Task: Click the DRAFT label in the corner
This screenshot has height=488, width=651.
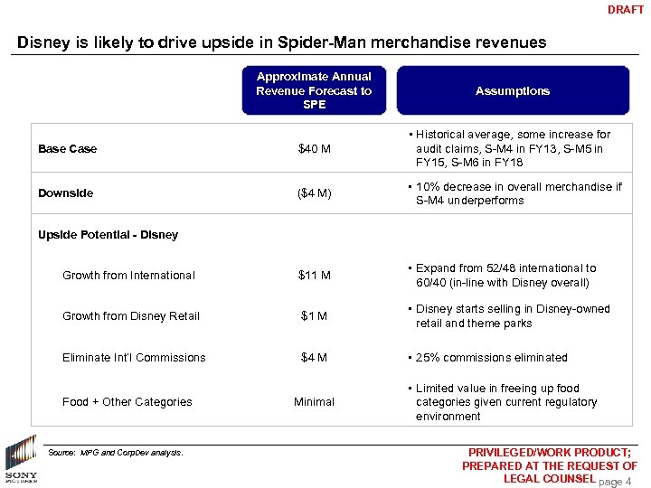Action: click(626, 10)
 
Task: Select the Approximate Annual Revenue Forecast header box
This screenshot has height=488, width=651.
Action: click(314, 90)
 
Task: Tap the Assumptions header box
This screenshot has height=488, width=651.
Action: click(513, 90)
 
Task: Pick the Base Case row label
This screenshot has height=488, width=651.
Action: click(68, 148)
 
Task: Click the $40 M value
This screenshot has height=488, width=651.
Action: click(314, 148)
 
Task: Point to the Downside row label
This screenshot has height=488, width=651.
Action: click(66, 192)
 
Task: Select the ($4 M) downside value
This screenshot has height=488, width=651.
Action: click(314, 192)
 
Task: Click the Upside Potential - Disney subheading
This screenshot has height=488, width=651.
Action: click(108, 235)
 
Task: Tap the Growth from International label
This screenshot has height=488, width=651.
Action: click(128, 276)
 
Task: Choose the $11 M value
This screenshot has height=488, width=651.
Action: click(314, 276)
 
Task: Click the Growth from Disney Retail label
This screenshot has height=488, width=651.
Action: click(131, 316)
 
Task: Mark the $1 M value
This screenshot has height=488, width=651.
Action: click(314, 316)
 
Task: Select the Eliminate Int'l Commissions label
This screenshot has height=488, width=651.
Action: click(134, 358)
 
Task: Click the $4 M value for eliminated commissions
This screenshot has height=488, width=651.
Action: click(314, 358)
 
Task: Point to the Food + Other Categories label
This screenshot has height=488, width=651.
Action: click(127, 402)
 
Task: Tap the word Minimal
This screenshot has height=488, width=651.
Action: click(314, 402)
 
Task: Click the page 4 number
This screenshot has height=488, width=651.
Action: click(615, 482)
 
